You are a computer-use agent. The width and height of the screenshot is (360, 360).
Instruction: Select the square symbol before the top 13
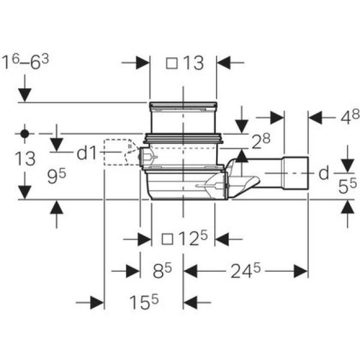pyautogui.click(x=172, y=64)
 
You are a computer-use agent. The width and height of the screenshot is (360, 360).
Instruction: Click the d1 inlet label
pyautogui.click(x=87, y=152)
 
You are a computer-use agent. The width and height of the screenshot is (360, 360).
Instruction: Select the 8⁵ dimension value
pyautogui.click(x=163, y=272)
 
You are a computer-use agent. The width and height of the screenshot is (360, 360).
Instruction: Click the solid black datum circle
pyautogui.click(x=24, y=134)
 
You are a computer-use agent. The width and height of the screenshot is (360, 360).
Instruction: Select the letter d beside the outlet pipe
pyautogui.click(x=323, y=173)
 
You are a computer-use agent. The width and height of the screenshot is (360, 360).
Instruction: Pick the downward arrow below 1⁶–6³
pyautogui.click(x=25, y=90)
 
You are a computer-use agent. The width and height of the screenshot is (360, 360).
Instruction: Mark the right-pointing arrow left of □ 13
pyautogui.click(x=135, y=63)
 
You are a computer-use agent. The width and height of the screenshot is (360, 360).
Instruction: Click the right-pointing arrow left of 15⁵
pyautogui.click(x=90, y=303)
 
